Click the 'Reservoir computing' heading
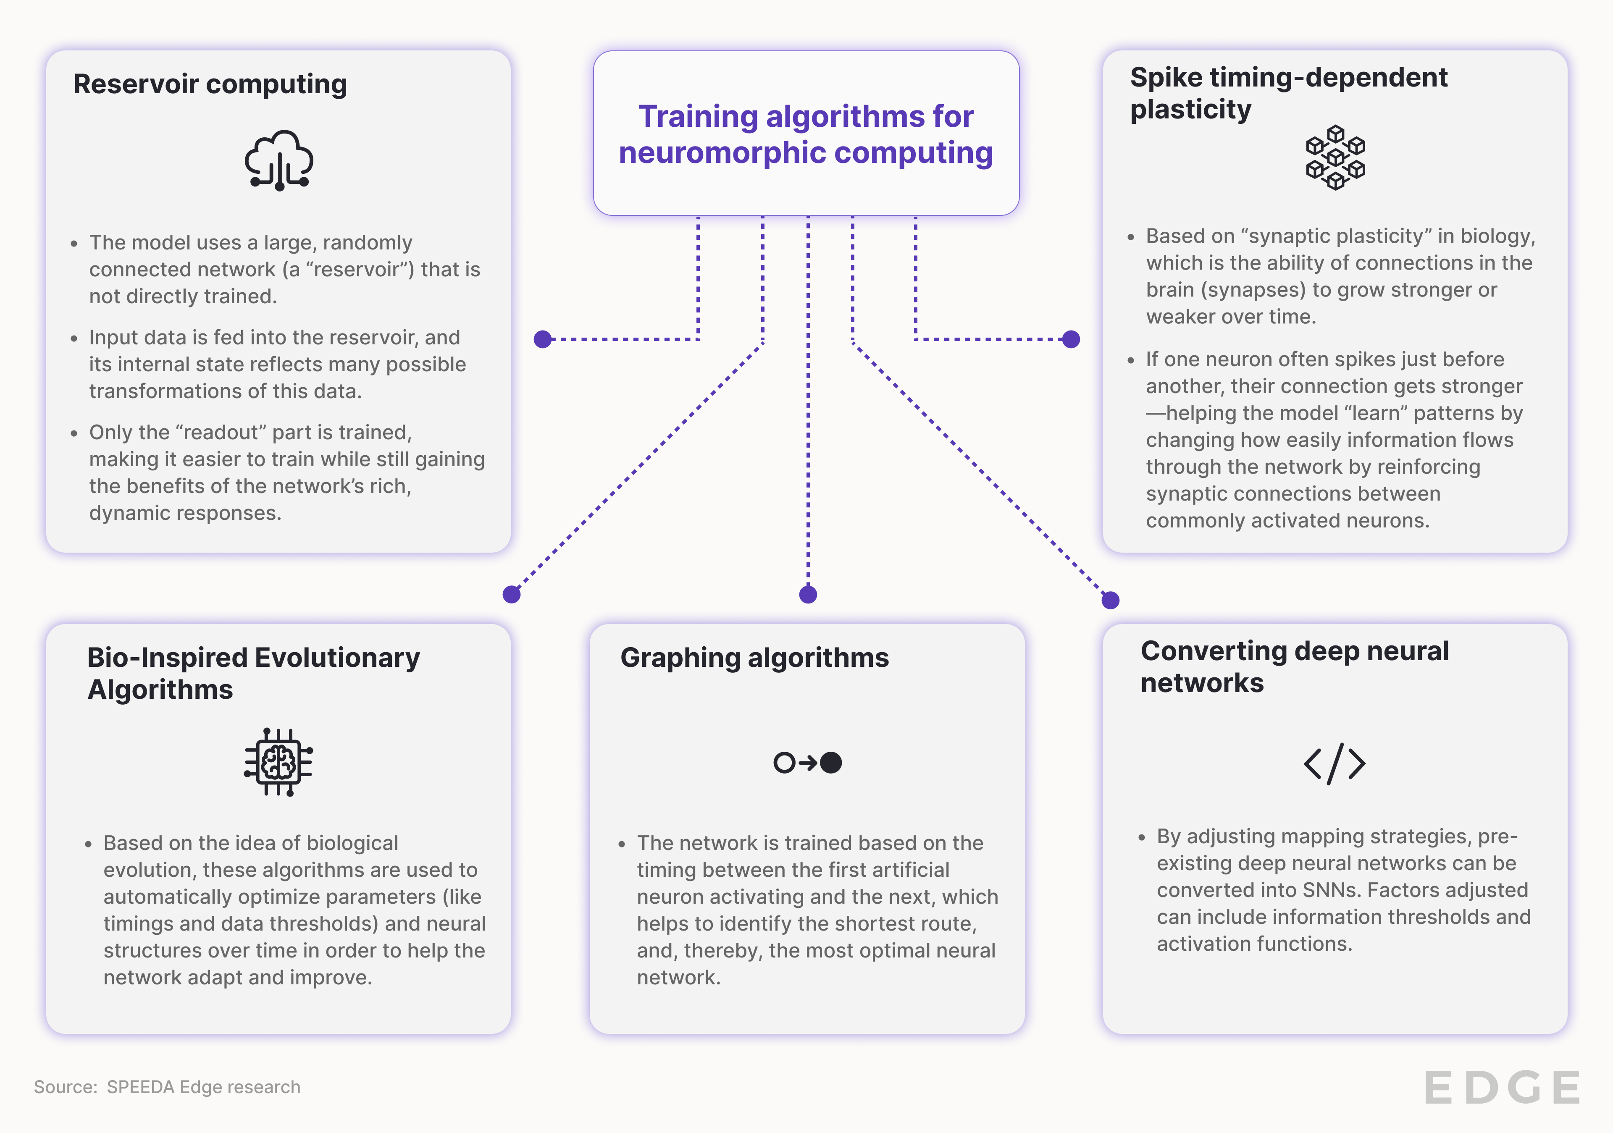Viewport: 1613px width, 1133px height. coord(210,84)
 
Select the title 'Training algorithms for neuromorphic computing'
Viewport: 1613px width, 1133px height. coord(806,134)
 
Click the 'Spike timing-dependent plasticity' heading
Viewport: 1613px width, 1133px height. coord(1288,93)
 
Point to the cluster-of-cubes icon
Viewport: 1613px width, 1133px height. coord(1335,158)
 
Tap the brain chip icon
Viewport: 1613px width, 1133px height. coord(279,762)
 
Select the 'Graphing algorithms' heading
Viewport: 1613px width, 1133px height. coord(754,658)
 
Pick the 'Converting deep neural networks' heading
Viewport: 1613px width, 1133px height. coord(1294,666)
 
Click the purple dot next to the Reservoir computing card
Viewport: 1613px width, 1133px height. coord(542,339)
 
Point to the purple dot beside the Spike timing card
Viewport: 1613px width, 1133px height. coord(1071,339)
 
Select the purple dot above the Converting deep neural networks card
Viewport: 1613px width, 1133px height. coord(1110,600)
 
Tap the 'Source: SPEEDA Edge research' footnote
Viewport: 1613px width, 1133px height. coord(167,1087)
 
